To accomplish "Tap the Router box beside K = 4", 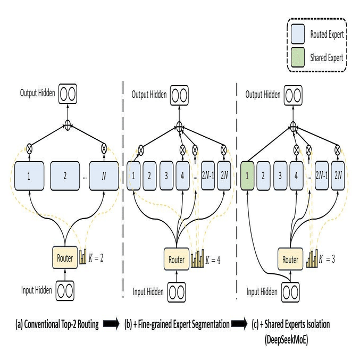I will click(177, 260).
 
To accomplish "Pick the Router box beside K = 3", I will click(290, 260).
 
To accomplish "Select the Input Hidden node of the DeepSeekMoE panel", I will click(291, 291).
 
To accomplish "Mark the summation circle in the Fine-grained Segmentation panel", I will click(178, 127).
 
